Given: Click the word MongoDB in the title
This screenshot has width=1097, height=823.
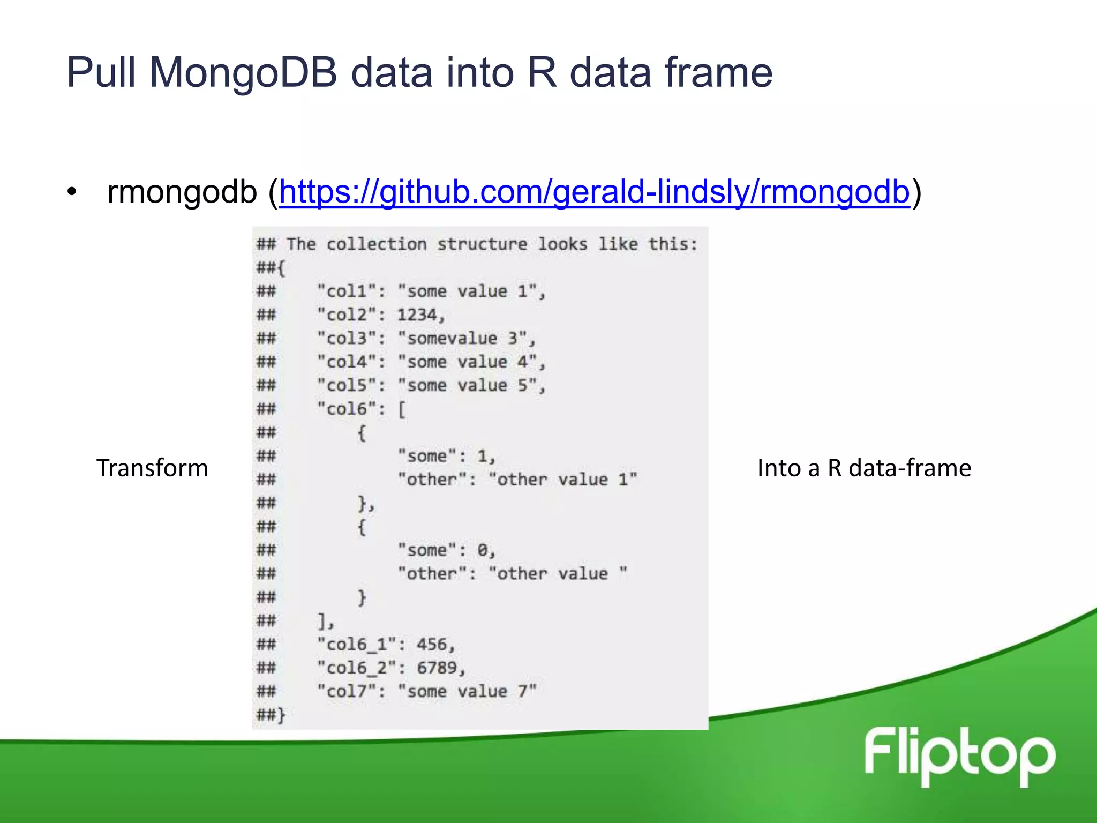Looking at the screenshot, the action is click(243, 72).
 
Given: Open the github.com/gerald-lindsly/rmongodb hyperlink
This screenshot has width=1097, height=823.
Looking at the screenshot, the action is click(594, 192).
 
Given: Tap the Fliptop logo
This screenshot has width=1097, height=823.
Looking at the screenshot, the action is click(959, 756).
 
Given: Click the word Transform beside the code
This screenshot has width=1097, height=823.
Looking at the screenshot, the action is click(152, 468).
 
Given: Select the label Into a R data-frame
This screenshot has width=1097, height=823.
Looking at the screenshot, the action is click(864, 468).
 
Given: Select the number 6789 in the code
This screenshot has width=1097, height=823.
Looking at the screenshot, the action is click(437, 668).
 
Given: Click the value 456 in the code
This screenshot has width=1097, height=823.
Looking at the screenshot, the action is click(432, 644).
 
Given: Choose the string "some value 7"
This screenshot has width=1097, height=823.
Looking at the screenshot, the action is click(467, 691).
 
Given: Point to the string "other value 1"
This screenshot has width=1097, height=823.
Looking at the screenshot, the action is click(563, 479).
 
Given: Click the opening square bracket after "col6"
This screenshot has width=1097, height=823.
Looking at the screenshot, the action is click(402, 409).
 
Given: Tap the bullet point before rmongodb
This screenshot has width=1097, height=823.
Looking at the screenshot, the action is click(72, 192).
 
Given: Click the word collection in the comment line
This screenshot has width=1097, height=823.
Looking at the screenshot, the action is click(376, 244).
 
